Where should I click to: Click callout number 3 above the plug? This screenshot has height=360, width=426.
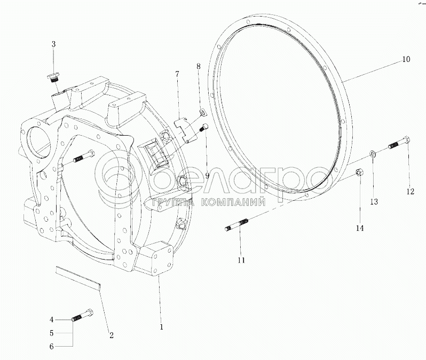point(53,44)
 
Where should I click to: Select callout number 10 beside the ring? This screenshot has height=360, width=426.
point(406,59)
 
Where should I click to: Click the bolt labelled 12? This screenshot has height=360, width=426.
point(400,143)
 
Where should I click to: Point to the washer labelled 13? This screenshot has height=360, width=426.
point(373,154)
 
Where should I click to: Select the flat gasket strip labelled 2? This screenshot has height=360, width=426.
point(78,276)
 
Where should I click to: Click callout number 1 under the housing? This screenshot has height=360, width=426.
point(161,327)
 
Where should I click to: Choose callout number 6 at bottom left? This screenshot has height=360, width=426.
point(52,347)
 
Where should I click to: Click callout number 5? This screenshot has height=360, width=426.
point(52,333)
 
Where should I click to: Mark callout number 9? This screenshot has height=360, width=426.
point(207,176)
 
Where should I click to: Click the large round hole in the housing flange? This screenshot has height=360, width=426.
point(38,141)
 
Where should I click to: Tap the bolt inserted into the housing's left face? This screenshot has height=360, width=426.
point(83,158)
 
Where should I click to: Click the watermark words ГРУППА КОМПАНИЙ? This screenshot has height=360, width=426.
point(209,202)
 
